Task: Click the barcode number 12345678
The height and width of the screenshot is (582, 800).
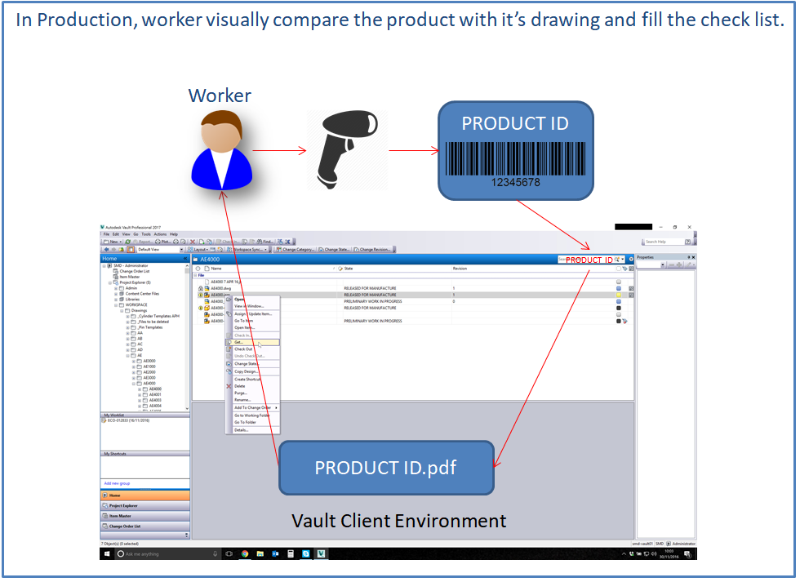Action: click(x=515, y=182)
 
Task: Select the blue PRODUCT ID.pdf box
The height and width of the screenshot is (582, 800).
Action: click(x=386, y=468)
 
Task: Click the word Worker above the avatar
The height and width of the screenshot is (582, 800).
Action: click(x=220, y=96)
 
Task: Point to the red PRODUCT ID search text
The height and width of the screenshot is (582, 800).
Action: click(x=589, y=260)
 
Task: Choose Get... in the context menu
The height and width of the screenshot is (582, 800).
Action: click(x=239, y=342)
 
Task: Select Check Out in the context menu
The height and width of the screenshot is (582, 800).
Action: click(x=243, y=349)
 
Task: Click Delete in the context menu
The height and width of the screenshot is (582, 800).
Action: click(x=240, y=386)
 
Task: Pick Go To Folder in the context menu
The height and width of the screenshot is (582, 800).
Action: click(x=246, y=422)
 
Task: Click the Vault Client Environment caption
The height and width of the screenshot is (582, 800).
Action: click(x=398, y=521)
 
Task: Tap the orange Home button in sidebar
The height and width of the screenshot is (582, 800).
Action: click(x=145, y=495)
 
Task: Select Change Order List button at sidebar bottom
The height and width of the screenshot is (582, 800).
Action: click(x=145, y=526)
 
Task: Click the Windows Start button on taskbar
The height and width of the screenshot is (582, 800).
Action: click(x=108, y=553)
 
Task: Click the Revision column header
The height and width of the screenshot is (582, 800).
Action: click(x=460, y=268)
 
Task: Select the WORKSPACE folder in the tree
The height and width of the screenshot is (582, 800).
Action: click(x=136, y=304)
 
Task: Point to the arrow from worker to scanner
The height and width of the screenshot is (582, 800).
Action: click(x=278, y=150)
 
